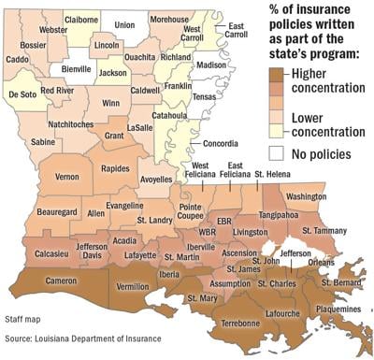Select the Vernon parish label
66,176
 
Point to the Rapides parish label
116,169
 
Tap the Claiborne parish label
82,19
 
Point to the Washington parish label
306,197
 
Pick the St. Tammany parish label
323,230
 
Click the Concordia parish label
221,144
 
